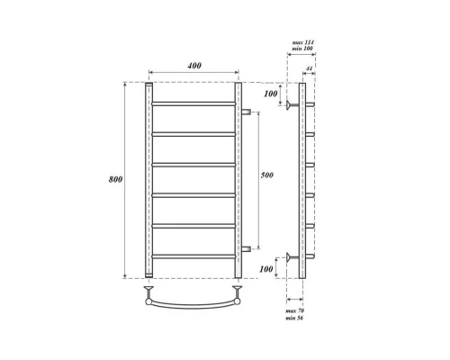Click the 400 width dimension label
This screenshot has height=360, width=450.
(x=193, y=67)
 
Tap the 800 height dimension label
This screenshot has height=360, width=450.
(x=115, y=179)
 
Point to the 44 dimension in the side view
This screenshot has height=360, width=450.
(x=310, y=68)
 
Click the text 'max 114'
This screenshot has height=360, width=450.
(x=302, y=43)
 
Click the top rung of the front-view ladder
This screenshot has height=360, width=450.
(x=193, y=103)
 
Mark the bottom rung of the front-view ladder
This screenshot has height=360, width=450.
(x=193, y=256)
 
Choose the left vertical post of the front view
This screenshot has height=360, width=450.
(x=148, y=180)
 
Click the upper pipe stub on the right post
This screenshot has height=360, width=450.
(x=246, y=112)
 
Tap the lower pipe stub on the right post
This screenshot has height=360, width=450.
(x=246, y=248)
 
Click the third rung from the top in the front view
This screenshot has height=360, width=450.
(x=193, y=165)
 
